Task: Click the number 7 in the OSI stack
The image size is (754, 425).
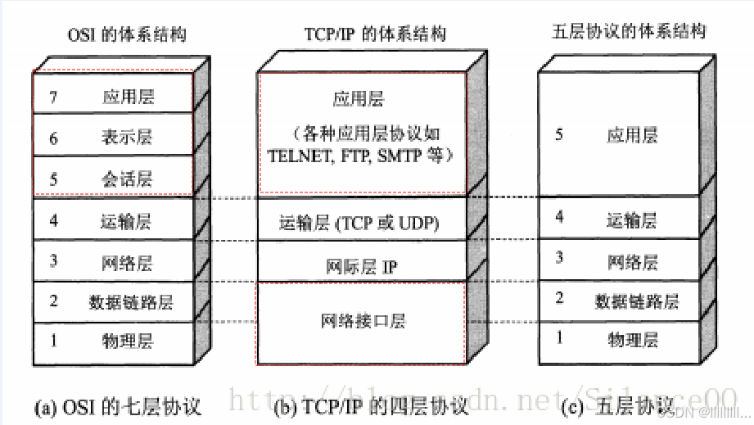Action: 53,97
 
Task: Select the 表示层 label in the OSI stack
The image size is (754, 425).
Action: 128,137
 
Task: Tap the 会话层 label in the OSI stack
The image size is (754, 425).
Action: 128,179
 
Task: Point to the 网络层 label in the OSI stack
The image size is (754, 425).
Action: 128,263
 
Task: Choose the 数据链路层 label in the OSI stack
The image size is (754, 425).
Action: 131,301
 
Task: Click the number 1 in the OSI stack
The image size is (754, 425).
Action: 53,339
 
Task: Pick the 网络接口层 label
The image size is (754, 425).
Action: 363,321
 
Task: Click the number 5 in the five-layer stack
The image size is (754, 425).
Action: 559,134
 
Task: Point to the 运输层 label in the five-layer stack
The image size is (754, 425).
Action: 632,219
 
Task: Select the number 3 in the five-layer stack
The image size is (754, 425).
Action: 559,258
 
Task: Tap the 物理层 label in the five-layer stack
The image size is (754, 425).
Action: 633,338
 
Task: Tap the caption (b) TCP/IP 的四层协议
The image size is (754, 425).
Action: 372,406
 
